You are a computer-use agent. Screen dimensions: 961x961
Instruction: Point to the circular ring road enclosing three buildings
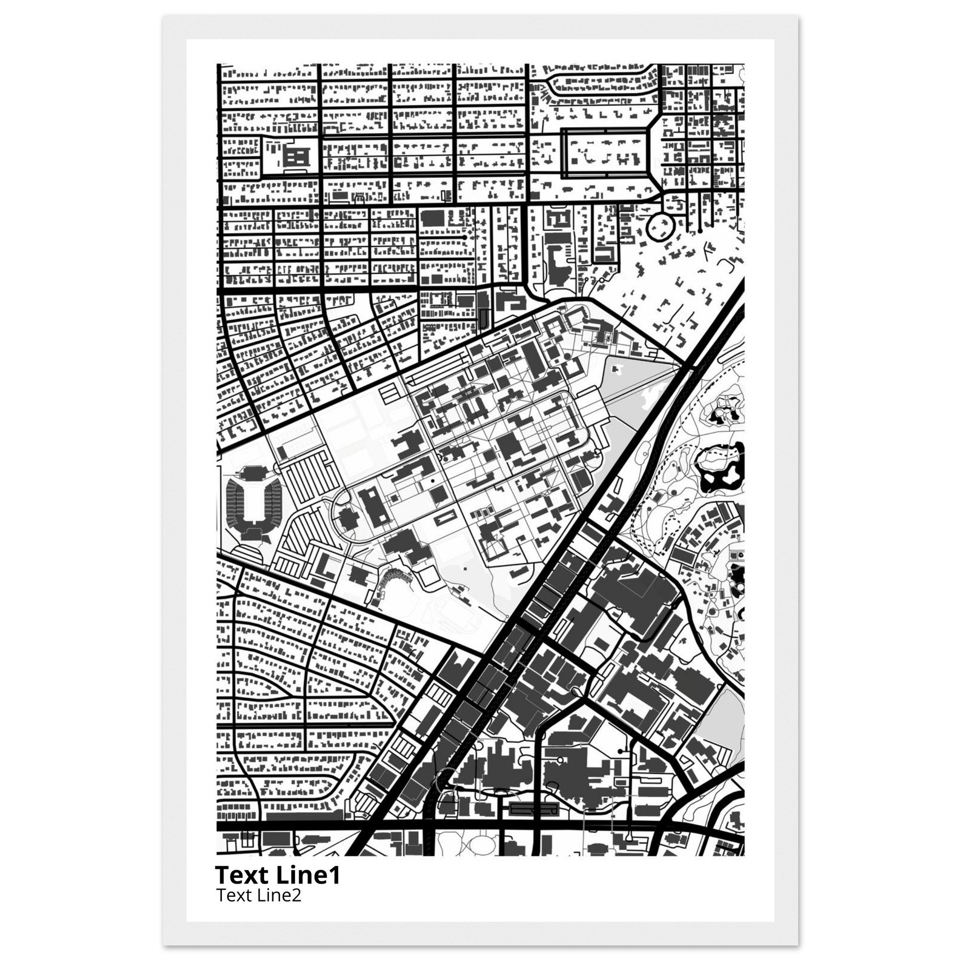[x=660, y=228]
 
